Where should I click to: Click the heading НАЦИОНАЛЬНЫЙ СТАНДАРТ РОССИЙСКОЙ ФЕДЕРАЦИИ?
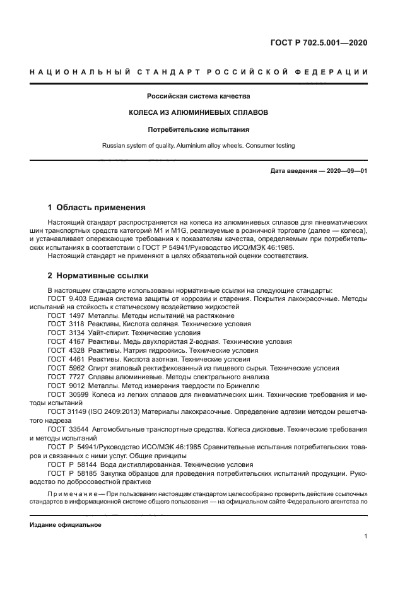pyautogui.click(x=199, y=72)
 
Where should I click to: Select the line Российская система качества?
pyautogui.click(x=199, y=97)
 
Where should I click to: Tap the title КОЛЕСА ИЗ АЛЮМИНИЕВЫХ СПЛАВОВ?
pyautogui.click(x=199, y=112)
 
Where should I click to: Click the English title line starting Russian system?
pyautogui.click(x=199, y=146)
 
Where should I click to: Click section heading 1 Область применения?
pyautogui.click(x=97, y=207)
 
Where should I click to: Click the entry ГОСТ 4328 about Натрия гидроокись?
pyautogui.click(x=152, y=350)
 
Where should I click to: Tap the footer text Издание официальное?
pyautogui.click(x=65, y=524)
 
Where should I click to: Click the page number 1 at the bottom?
pyautogui.click(x=365, y=537)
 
